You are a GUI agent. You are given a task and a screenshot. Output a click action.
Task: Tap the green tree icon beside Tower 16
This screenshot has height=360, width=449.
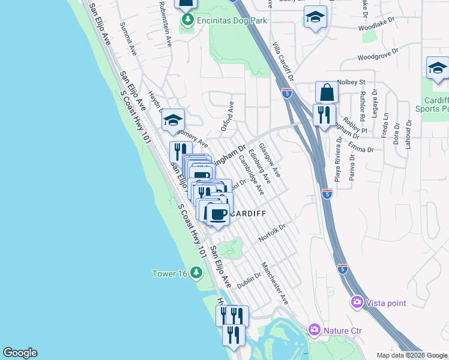[196, 274]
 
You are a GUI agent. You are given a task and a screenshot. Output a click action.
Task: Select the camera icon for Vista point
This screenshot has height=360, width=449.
[357, 302]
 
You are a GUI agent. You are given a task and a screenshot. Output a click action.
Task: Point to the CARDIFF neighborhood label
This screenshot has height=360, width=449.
[245, 214]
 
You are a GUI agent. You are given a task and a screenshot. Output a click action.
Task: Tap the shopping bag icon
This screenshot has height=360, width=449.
[327, 93]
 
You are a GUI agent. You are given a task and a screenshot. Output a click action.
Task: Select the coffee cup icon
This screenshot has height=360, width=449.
[218, 214]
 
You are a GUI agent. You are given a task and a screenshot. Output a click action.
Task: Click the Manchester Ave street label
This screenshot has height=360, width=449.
[275, 283]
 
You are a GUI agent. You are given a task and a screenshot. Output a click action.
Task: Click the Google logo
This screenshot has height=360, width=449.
[20, 353]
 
